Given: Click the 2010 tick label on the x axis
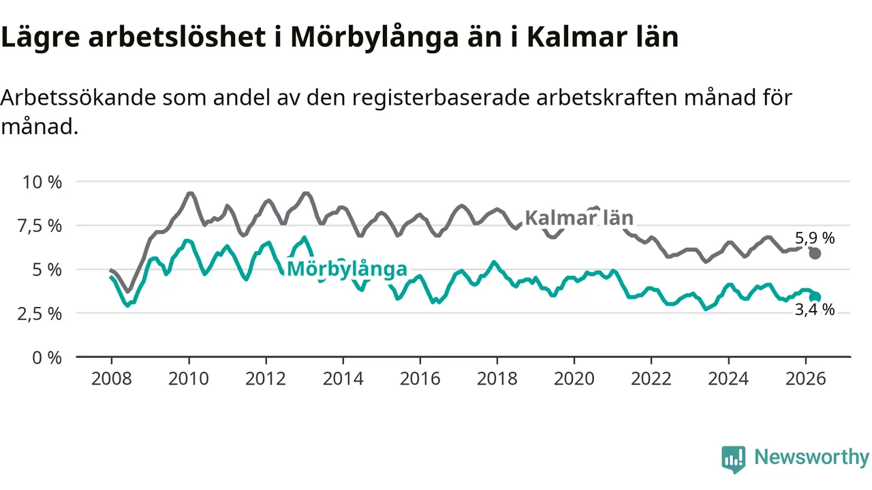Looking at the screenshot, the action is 189,379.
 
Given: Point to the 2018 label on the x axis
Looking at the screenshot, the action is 497,379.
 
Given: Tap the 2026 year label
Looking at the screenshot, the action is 805,379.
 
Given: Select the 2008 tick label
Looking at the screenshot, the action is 111,379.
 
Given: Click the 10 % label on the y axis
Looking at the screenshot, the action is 42,182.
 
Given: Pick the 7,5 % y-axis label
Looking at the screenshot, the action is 40,227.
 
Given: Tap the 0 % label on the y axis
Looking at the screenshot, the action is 47,358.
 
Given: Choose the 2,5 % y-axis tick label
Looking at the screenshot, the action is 40,314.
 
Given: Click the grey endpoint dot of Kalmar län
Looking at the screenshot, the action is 815,254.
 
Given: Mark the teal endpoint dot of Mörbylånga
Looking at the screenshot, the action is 815,297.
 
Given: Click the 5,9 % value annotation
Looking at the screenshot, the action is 815,238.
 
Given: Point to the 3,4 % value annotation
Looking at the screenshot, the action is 815,310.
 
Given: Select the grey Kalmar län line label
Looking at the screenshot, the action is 579,218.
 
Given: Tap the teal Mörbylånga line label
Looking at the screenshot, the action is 347,269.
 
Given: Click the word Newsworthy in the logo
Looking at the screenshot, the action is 811,457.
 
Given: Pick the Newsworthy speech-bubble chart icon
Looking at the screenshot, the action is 734,459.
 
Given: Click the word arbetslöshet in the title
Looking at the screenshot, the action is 177,37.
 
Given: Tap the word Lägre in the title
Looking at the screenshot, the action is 40,37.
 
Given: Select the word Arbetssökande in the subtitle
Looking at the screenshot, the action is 78,97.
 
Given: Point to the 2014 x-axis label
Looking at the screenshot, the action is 343,379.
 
